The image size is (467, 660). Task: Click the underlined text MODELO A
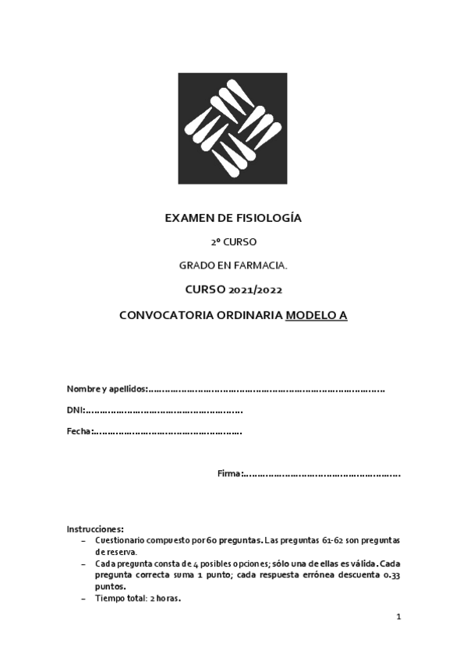coord(317,316)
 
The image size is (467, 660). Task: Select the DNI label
coord(75,410)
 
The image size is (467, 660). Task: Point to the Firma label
coord(230,473)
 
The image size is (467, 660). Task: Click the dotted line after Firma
coord(322,473)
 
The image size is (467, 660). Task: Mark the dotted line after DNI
coord(164,410)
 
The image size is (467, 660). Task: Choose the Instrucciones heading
coord(95,529)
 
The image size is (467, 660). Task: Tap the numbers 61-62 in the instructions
coord(333,539)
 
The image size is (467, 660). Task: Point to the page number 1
coord(398,617)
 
